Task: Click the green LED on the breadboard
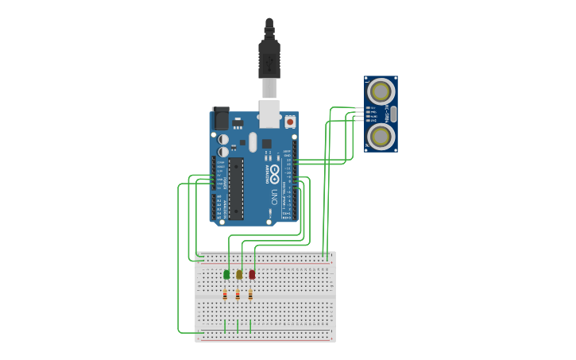(x=226, y=274)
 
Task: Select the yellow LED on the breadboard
(x=239, y=274)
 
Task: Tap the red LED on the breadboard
(x=252, y=274)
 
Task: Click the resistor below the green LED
(x=225, y=295)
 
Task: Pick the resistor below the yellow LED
(x=238, y=295)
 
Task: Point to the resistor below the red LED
(x=250, y=295)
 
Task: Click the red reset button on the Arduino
(x=290, y=122)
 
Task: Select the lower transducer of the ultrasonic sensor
(x=381, y=136)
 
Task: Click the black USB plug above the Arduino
(x=269, y=56)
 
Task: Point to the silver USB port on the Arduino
(x=270, y=114)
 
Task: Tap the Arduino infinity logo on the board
(x=274, y=170)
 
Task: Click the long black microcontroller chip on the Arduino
(x=236, y=188)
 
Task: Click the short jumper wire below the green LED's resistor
(x=225, y=326)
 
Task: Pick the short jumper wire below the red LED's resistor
(x=250, y=326)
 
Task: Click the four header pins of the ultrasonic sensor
(x=368, y=114)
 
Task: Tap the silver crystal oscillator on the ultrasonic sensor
(x=392, y=114)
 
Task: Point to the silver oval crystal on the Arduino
(x=253, y=141)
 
